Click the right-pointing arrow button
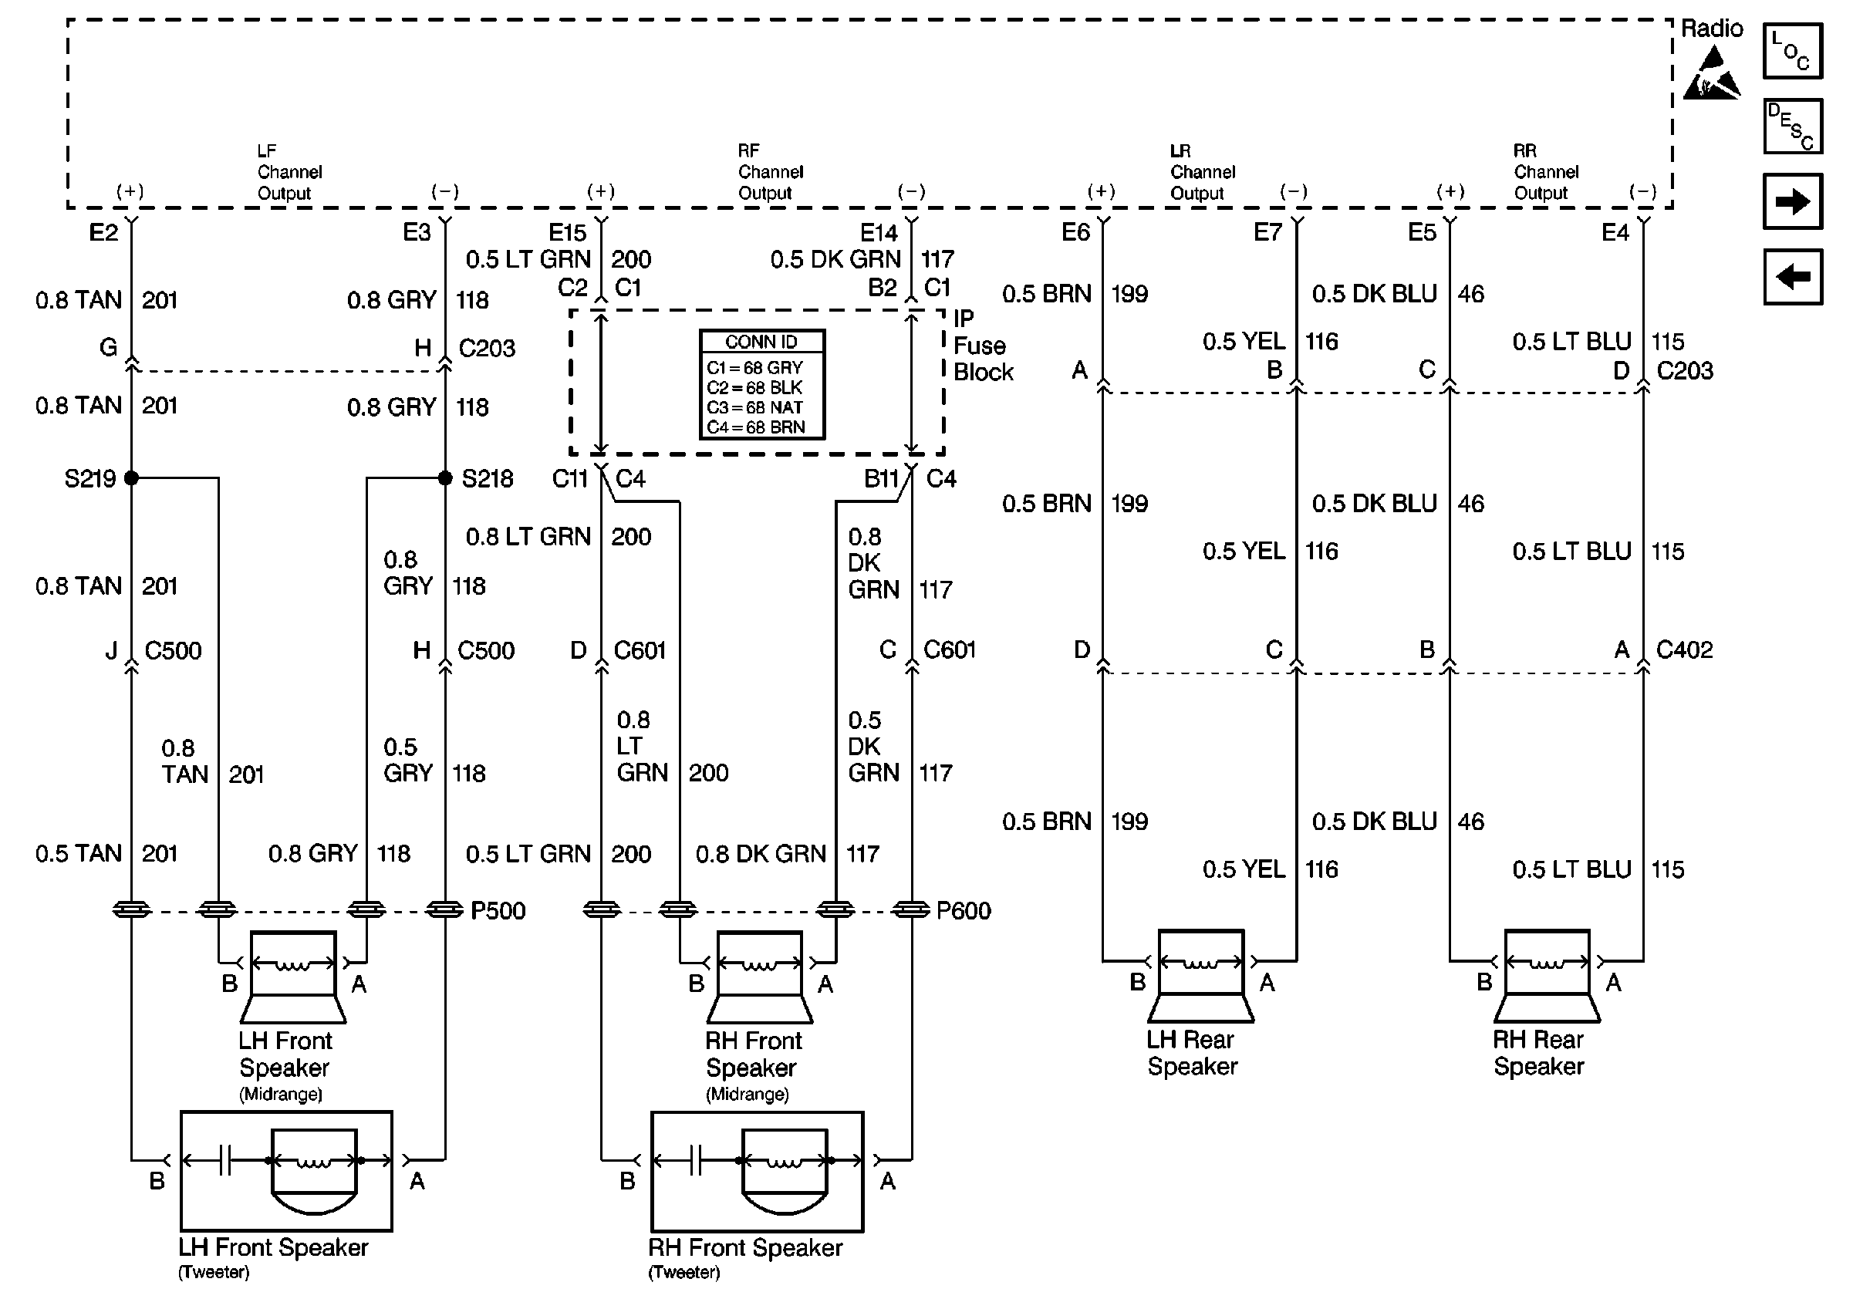pyautogui.click(x=1793, y=201)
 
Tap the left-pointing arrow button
pyautogui.click(x=1793, y=277)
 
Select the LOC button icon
pyautogui.click(x=1793, y=51)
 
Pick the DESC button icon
pyautogui.click(x=1793, y=126)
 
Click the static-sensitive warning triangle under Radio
pyautogui.click(x=1711, y=74)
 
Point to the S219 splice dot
pyautogui.click(x=132, y=478)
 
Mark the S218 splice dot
pyautogui.click(x=444, y=478)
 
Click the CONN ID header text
pyautogui.click(x=761, y=342)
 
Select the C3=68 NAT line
pyautogui.click(x=754, y=407)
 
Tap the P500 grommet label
pyautogui.click(x=498, y=911)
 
